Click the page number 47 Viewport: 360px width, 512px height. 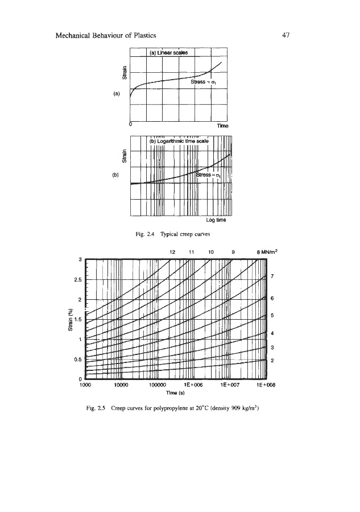pos(286,35)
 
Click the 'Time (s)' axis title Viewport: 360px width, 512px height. pos(174,391)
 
